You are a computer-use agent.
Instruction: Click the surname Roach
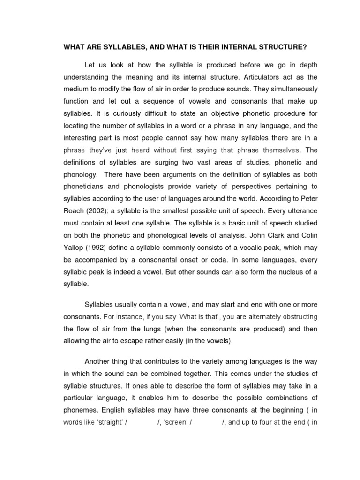pyautogui.click(x=73, y=211)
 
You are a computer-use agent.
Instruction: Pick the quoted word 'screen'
pyautogui.click(x=173, y=422)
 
